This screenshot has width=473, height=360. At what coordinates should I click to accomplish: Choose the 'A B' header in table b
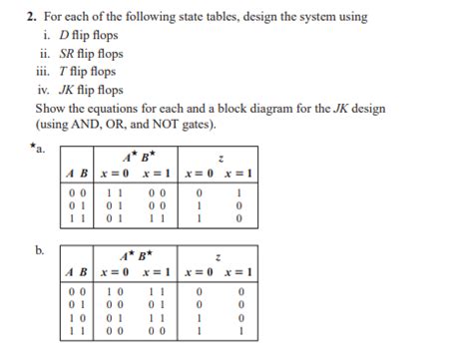pos(76,273)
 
